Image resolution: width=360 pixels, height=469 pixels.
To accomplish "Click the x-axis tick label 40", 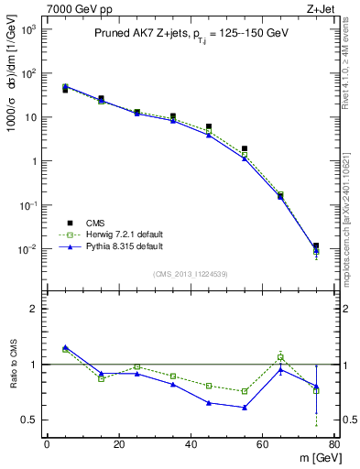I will (x=191, y=444).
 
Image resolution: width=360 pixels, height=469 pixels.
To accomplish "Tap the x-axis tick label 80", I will (x=334, y=444).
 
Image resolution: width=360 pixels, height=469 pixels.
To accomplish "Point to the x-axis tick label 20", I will (x=118, y=444).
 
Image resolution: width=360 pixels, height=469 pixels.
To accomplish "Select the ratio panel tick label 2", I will (x=33, y=310).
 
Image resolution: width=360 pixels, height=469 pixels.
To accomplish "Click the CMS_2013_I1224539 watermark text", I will (x=190, y=273).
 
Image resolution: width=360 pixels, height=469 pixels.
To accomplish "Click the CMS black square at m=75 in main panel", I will (x=316, y=246).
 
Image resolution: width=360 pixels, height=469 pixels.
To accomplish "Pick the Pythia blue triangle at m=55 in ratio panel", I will (x=245, y=408).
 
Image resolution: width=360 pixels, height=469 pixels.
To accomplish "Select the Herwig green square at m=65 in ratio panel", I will (x=280, y=357).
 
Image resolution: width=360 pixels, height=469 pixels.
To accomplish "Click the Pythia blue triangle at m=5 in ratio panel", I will (x=65, y=347).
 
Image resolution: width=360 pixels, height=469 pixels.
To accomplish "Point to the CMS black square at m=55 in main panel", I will (x=245, y=148).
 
